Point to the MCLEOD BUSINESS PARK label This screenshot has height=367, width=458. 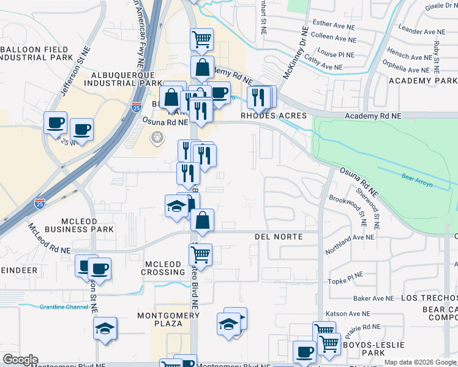tap(71, 224)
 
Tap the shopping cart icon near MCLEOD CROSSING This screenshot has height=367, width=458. tap(200, 254)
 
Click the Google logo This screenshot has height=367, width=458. tap(21, 360)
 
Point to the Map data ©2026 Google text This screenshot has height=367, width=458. tap(419, 362)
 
